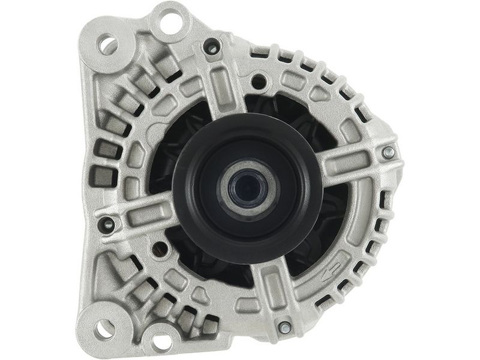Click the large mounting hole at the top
pyautogui.click(x=170, y=23)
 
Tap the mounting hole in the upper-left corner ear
pyautogui.click(x=109, y=44)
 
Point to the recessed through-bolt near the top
pyautogui.click(x=211, y=46)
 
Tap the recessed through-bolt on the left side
pyautogui.click(x=108, y=224)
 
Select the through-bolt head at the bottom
pyautogui.click(x=284, y=328)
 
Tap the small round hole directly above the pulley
pyautogui.click(x=259, y=81)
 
